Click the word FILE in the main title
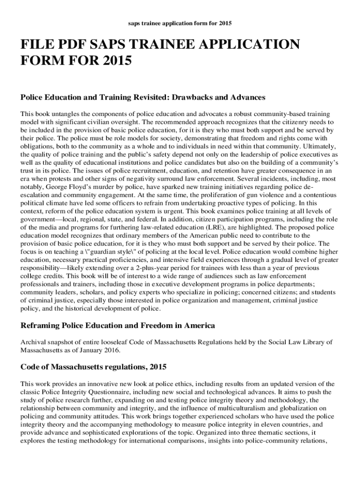point(34,45)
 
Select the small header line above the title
point(180,22)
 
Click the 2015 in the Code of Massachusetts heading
point(157,367)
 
